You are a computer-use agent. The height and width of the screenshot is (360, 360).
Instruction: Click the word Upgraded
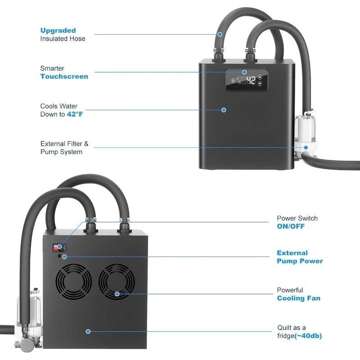click(58, 31)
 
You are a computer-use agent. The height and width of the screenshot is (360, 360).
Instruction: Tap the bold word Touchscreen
click(64, 76)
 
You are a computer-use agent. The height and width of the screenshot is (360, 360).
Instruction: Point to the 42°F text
click(75, 114)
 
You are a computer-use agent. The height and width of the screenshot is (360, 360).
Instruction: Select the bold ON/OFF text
click(291, 226)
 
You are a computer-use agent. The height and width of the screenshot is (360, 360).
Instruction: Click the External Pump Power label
click(300, 257)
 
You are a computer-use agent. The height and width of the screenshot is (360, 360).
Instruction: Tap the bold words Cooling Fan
click(299, 298)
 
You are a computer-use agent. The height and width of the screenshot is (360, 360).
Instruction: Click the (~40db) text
click(308, 336)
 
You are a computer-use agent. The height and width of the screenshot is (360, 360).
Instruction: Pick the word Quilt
click(286, 328)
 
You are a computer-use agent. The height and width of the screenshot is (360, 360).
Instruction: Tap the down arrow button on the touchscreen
click(260, 84)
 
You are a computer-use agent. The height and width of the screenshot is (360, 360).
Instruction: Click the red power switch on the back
click(58, 247)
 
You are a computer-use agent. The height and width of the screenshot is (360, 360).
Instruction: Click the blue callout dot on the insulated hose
click(220, 34)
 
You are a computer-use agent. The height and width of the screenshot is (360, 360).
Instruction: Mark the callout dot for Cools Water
click(224, 110)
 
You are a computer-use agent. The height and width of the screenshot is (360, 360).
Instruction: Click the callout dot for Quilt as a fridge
click(88, 332)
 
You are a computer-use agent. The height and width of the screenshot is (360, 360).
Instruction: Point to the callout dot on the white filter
click(306, 147)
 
